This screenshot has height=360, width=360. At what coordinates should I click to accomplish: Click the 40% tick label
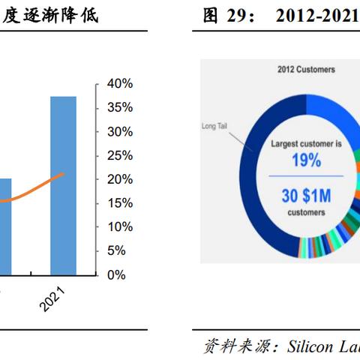pyautogui.click(x=119, y=83)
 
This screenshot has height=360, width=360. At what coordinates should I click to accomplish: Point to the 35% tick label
pyautogui.click(x=119, y=107)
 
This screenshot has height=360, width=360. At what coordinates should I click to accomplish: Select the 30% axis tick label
pyautogui.click(x=119, y=131)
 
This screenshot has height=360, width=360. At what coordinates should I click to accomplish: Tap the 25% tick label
pyautogui.click(x=119, y=155)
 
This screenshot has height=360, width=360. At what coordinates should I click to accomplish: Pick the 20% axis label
pyautogui.click(x=119, y=179)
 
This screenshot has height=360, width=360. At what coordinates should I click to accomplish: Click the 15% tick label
pyautogui.click(x=119, y=202)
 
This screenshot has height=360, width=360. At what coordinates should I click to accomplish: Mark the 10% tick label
pyautogui.click(x=119, y=226)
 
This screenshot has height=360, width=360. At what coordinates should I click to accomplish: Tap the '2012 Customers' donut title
pyautogui.click(x=306, y=70)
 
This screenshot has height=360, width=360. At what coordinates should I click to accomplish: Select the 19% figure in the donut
pyautogui.click(x=306, y=160)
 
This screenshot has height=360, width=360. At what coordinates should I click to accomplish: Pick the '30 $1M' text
pyautogui.click(x=306, y=195)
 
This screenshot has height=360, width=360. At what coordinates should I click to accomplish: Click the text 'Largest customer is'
pyautogui.click(x=306, y=143)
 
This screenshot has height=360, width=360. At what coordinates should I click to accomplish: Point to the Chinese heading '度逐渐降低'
pyautogui.click(x=46, y=14)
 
